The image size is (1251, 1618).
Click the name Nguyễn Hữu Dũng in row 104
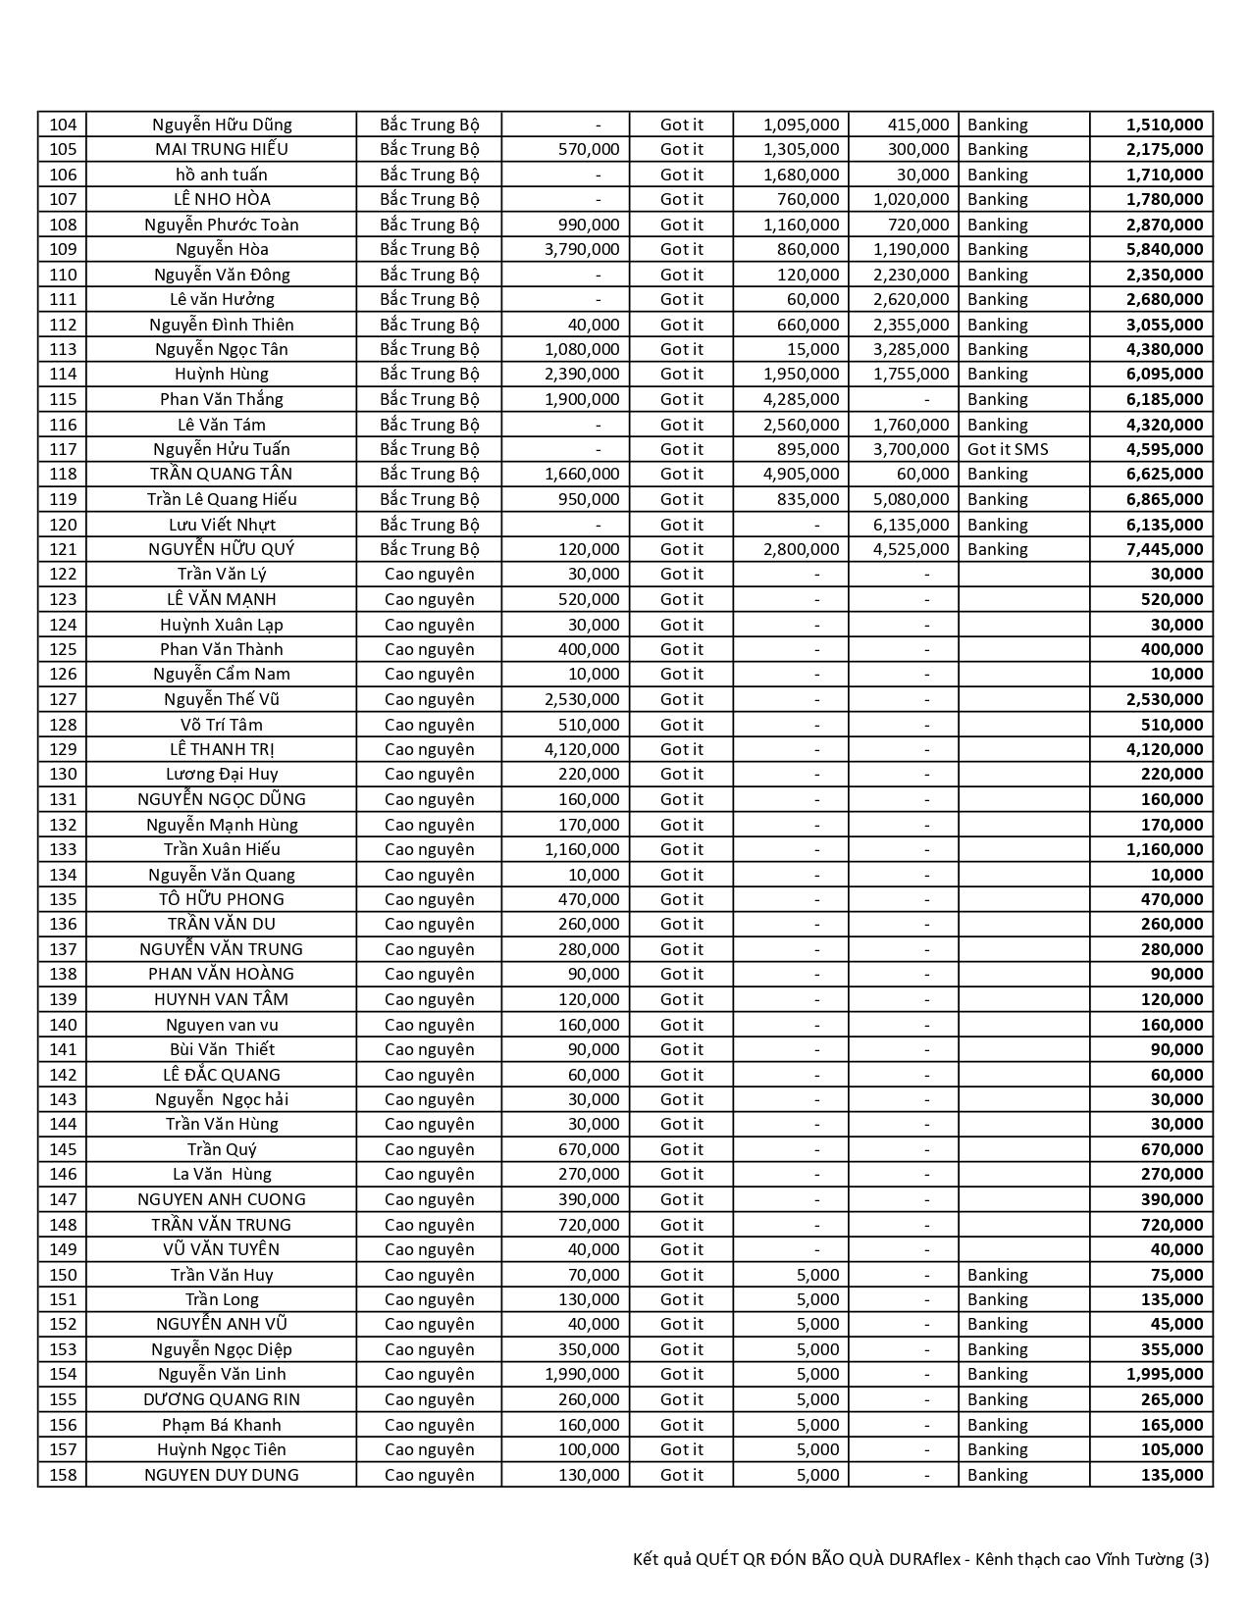coord(222,125)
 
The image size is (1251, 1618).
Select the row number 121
coord(62,549)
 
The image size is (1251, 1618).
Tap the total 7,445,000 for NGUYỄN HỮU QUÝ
coord(1165,549)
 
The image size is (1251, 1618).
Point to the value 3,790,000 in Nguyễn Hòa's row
coord(582,249)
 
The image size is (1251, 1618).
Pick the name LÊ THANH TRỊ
coord(222,749)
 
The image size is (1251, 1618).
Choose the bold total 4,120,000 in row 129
coord(1165,749)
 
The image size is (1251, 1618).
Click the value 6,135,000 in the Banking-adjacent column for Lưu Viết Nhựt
coord(912,525)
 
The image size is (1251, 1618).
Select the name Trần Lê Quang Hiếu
coord(222,499)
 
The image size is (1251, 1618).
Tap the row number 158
coord(62,1475)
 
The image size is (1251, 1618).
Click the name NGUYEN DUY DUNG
coord(222,1475)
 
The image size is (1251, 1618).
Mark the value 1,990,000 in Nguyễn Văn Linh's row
coord(582,1374)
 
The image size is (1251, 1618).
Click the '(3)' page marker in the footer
coord(1198,1559)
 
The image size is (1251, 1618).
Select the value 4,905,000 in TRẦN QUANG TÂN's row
coord(801,474)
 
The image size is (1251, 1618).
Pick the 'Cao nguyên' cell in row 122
coord(429,574)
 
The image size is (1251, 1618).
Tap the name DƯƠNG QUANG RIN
coord(222,1399)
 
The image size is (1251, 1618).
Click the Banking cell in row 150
coord(997,1275)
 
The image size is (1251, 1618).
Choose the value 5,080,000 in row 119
coord(912,499)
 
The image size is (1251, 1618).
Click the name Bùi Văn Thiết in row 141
coord(222,1049)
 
